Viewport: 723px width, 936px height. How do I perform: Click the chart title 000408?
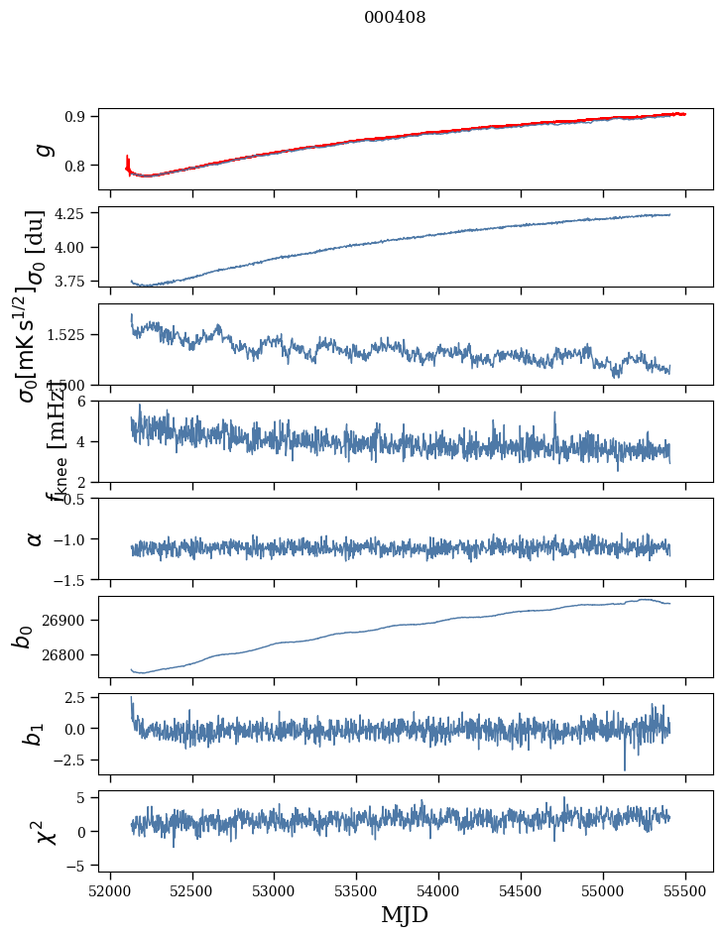pos(395,18)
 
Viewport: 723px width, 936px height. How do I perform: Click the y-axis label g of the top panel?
pos(41,149)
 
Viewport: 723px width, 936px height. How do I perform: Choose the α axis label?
pos(36,538)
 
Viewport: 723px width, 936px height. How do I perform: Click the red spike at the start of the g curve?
pos(128,160)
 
